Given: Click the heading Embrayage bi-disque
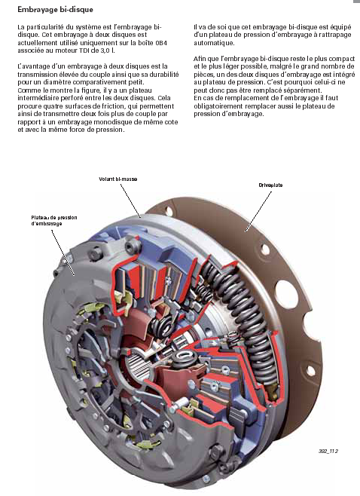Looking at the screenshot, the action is (x=55, y=10).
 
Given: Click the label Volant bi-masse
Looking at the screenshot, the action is (x=118, y=179).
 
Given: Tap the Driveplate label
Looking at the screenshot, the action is (x=270, y=185).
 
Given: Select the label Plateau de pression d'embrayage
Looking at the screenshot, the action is (x=54, y=220).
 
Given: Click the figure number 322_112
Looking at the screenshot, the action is (x=328, y=451).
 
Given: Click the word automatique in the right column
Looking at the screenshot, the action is (x=214, y=43).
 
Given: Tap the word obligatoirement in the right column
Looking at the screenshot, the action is (x=218, y=106).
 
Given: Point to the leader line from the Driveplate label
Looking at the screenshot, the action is (x=258, y=211).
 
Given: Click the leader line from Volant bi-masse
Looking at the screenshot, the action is (x=130, y=201).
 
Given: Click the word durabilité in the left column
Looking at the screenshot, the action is (x=163, y=75).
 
